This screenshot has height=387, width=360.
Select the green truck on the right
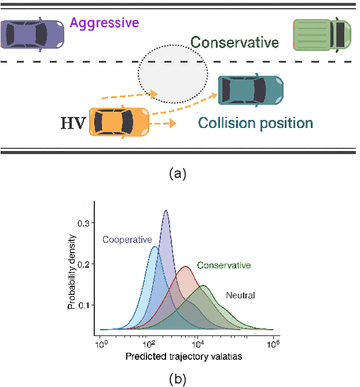[x=322, y=35]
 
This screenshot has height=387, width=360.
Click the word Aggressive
[x=104, y=24]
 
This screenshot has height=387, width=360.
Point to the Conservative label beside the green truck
[x=234, y=42]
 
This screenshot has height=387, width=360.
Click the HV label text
[x=73, y=123]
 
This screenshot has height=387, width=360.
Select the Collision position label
[x=255, y=123]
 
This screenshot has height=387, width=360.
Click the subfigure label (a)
[x=177, y=173]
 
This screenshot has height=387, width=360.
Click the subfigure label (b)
[x=177, y=379]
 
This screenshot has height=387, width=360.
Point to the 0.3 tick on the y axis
[x=85, y=222]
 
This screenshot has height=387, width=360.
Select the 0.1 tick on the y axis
[x=85, y=304]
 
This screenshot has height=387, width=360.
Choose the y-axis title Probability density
[x=72, y=269]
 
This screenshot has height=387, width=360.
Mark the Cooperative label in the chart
[x=127, y=239]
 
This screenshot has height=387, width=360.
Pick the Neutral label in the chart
[x=241, y=295]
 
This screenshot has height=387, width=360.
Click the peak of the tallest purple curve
[x=166, y=211]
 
